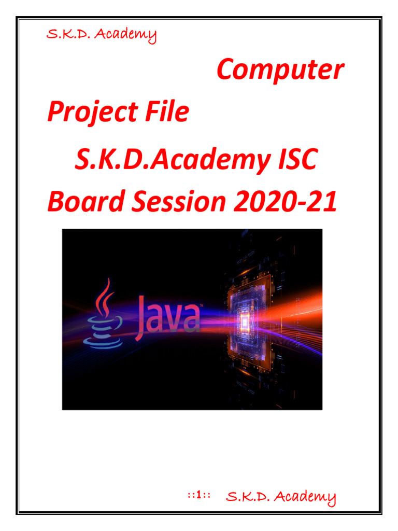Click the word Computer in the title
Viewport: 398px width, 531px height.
[x=280, y=70]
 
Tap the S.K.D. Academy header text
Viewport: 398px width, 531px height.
[x=102, y=35]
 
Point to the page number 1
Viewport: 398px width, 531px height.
[x=198, y=496]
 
